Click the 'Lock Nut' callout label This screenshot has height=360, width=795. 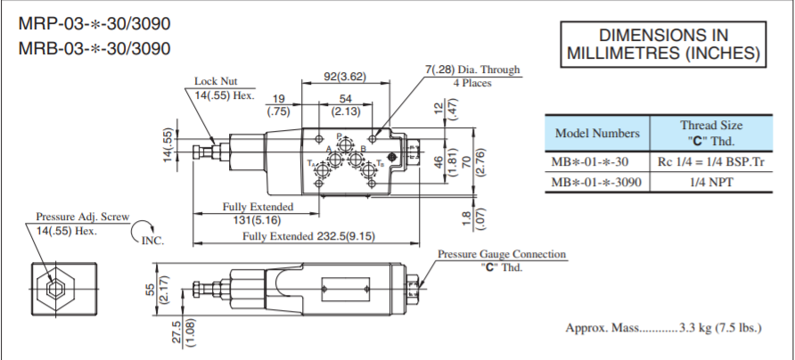[216, 82]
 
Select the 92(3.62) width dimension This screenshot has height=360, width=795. [344, 77]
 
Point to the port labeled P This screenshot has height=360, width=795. [342, 140]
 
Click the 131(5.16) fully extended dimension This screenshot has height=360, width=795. [258, 218]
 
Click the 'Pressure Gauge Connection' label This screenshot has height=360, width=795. [501, 254]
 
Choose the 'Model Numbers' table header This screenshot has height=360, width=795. [596, 134]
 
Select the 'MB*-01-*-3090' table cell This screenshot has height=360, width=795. [596, 181]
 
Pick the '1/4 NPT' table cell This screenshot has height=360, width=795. [710, 181]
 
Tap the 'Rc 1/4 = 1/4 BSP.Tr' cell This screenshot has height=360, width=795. [710, 161]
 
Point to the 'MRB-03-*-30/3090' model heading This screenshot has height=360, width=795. [94, 48]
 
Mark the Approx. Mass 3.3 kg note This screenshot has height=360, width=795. [663, 328]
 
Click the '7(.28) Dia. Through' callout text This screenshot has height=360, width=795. [472, 70]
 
